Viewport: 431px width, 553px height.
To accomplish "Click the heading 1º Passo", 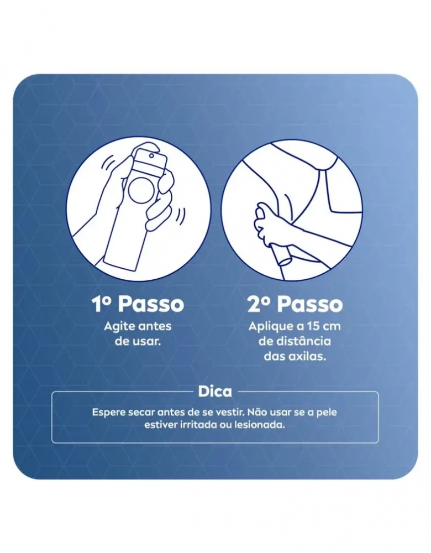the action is [x=138, y=304].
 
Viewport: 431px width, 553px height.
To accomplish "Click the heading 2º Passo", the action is [x=295, y=304].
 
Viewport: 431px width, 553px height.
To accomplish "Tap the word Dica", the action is [x=215, y=392].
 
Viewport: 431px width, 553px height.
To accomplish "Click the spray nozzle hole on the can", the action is [x=151, y=155].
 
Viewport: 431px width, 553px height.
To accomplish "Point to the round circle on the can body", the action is [x=140, y=190].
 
